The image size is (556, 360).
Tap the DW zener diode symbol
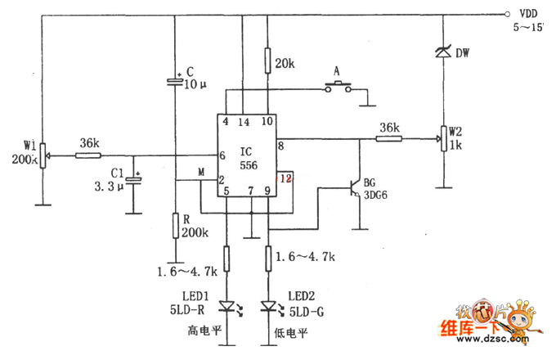point(442,52)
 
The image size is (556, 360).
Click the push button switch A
point(339,89)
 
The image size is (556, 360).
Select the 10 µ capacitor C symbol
point(176,81)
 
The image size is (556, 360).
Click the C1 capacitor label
point(117,172)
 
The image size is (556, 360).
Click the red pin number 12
point(284,176)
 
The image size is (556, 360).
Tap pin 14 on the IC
point(243,122)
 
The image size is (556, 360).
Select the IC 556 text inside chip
point(246,158)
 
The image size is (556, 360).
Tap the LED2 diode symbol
point(268,307)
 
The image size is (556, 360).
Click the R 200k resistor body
point(175,225)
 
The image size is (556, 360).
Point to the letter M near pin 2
point(200,171)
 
